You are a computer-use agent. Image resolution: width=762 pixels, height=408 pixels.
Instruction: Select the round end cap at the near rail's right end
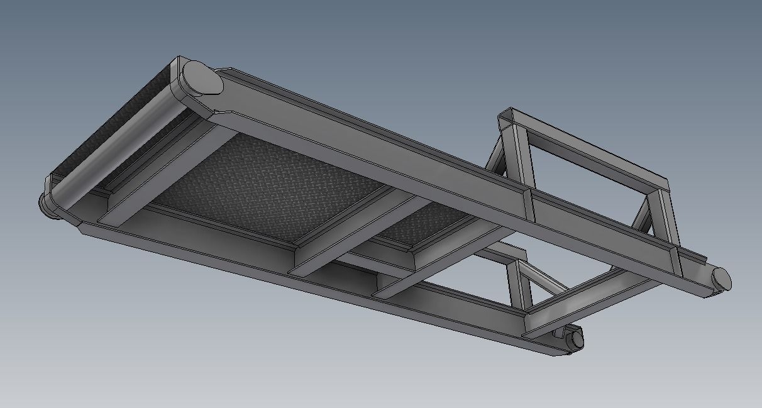pos(574,340)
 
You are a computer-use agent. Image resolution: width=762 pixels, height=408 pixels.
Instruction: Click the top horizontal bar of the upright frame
pos(585,148)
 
